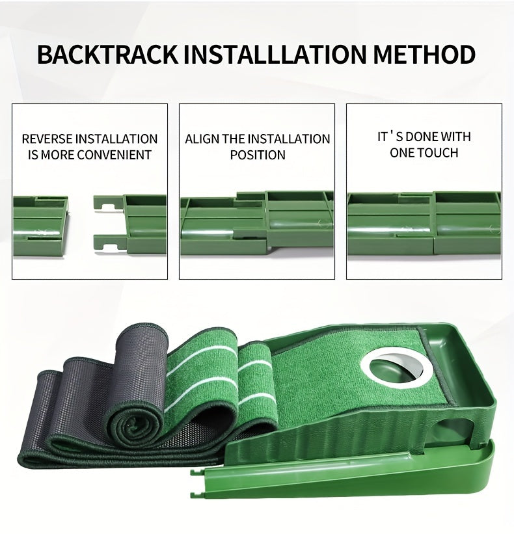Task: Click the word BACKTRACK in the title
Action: (107, 55)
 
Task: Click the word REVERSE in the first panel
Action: (47, 139)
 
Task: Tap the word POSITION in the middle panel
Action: (258, 155)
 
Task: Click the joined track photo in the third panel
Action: (424, 223)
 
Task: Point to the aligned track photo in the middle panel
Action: (257, 223)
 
